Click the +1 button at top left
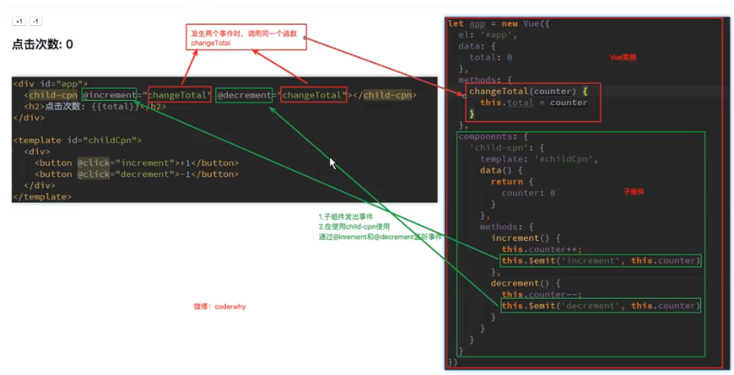[x=19, y=21]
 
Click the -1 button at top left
[x=36, y=21]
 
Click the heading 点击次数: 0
[x=43, y=44]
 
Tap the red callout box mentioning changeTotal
[x=247, y=37]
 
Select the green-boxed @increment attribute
[x=110, y=95]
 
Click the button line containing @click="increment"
[x=136, y=162]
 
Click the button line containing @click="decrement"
[x=136, y=174]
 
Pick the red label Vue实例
[x=623, y=57]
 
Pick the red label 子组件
[x=633, y=192]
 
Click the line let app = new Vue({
[x=498, y=24]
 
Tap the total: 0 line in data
[x=490, y=58]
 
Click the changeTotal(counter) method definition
[x=522, y=91]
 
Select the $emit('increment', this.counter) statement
[x=600, y=261]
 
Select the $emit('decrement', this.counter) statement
[x=600, y=305]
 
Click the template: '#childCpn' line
[x=538, y=159]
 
